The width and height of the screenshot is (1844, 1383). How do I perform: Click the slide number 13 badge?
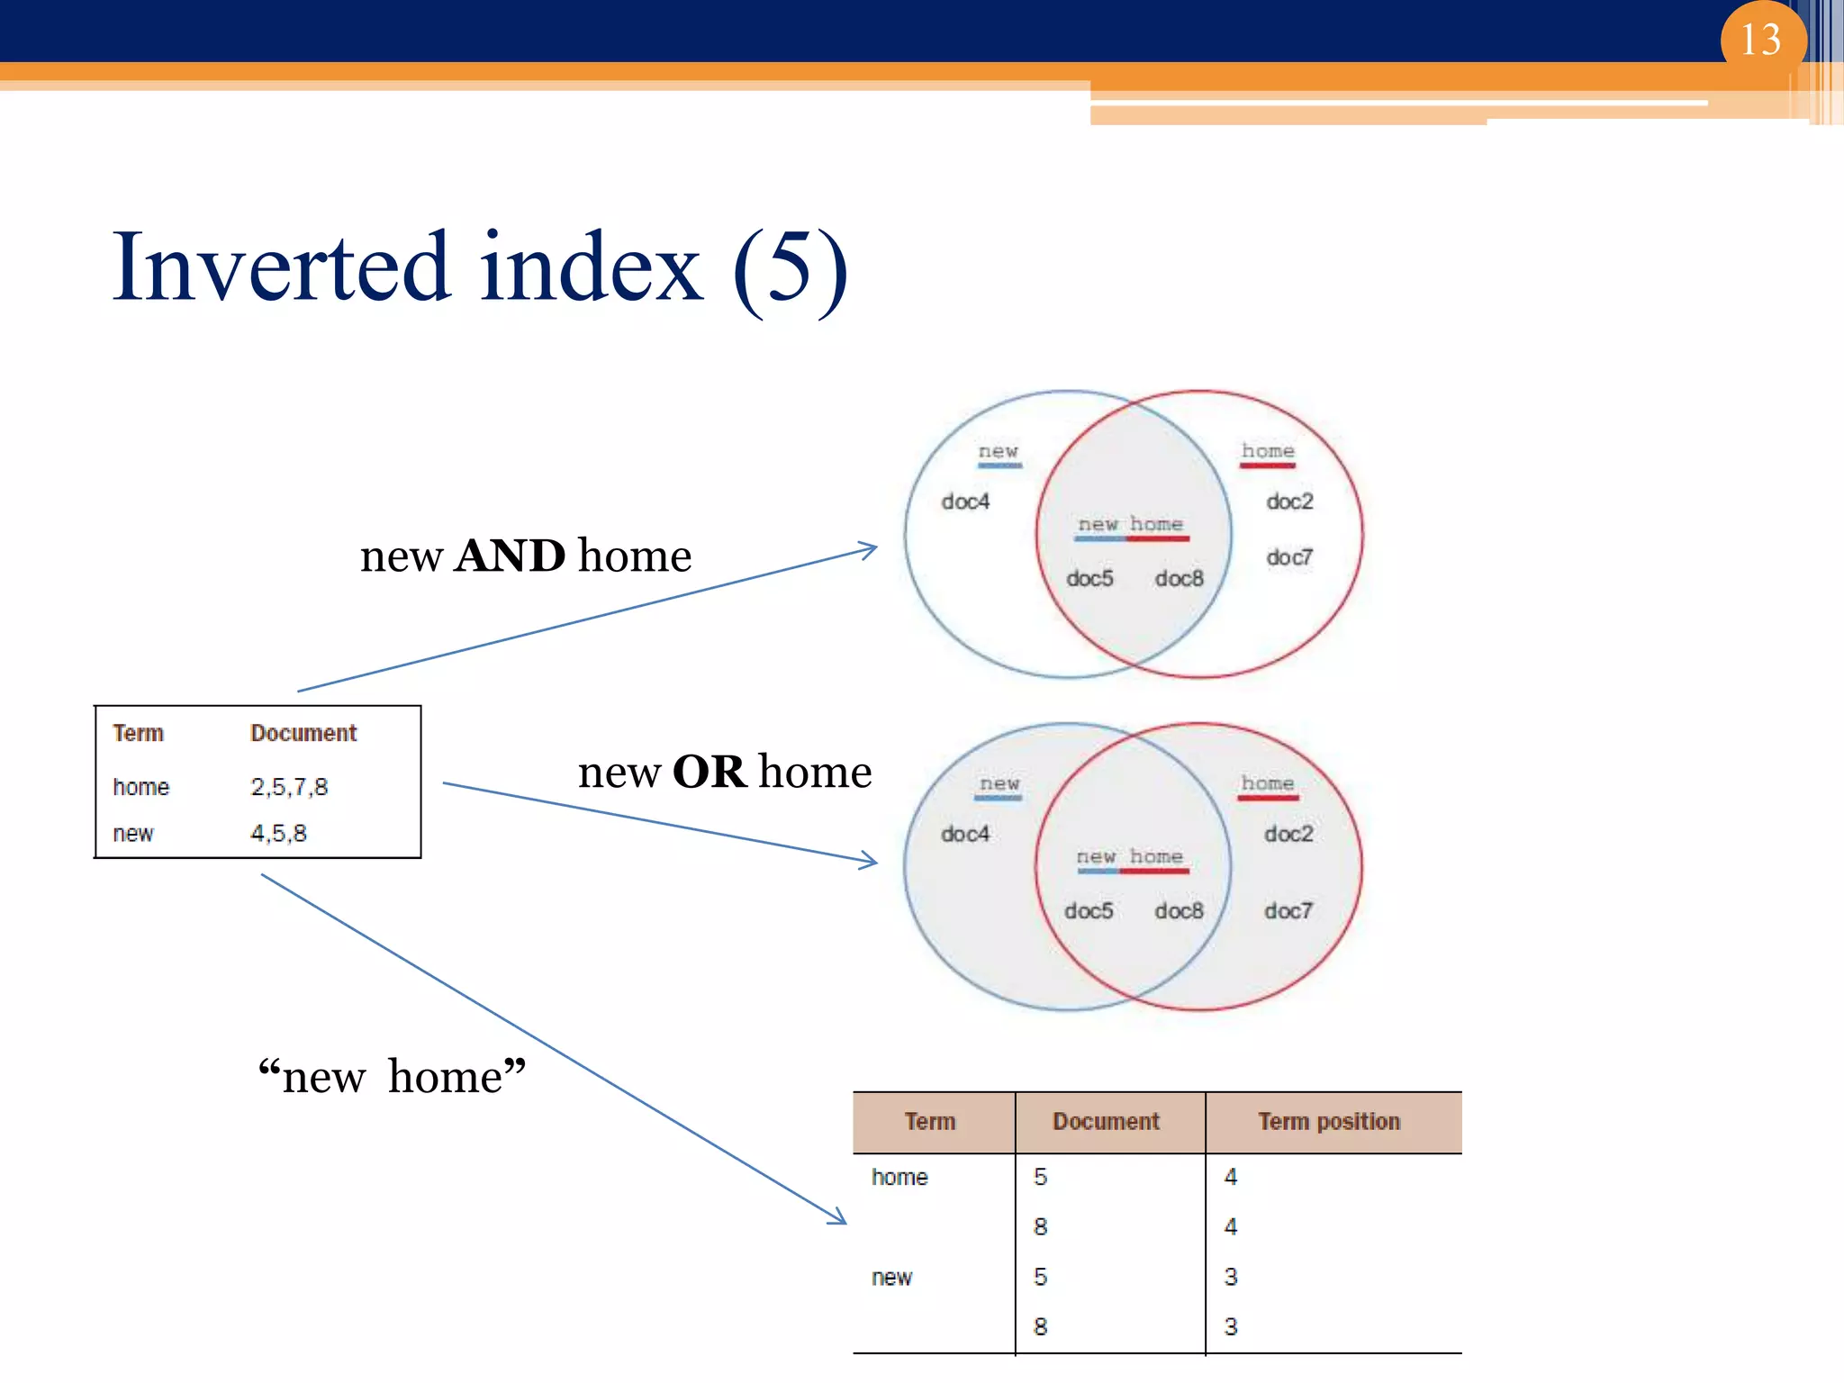[1761, 41]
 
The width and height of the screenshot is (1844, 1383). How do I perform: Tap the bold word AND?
[511, 556]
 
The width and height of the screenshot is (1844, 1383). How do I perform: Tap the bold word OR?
[710, 772]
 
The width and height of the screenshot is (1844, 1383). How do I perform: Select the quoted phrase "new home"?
[392, 1077]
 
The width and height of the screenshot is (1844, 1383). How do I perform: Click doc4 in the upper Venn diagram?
[965, 502]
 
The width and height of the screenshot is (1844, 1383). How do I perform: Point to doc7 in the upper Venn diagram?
[1289, 557]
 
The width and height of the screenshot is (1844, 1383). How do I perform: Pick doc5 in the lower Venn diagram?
[1089, 911]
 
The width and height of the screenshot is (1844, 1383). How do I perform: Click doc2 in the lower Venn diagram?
[1288, 834]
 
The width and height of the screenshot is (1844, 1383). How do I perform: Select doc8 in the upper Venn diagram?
[1179, 579]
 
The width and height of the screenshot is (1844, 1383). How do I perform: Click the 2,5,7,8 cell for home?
[289, 787]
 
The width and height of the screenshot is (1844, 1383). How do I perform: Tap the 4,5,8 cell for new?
[278, 834]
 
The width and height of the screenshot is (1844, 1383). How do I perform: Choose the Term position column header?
[1329, 1122]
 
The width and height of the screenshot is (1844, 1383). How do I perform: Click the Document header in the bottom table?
[1106, 1122]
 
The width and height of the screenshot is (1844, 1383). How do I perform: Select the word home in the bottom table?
[899, 1178]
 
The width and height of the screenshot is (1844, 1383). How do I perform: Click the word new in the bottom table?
[891, 1278]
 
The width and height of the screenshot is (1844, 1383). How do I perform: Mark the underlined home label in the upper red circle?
[1268, 451]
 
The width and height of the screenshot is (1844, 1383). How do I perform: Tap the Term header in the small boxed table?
[138, 733]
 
